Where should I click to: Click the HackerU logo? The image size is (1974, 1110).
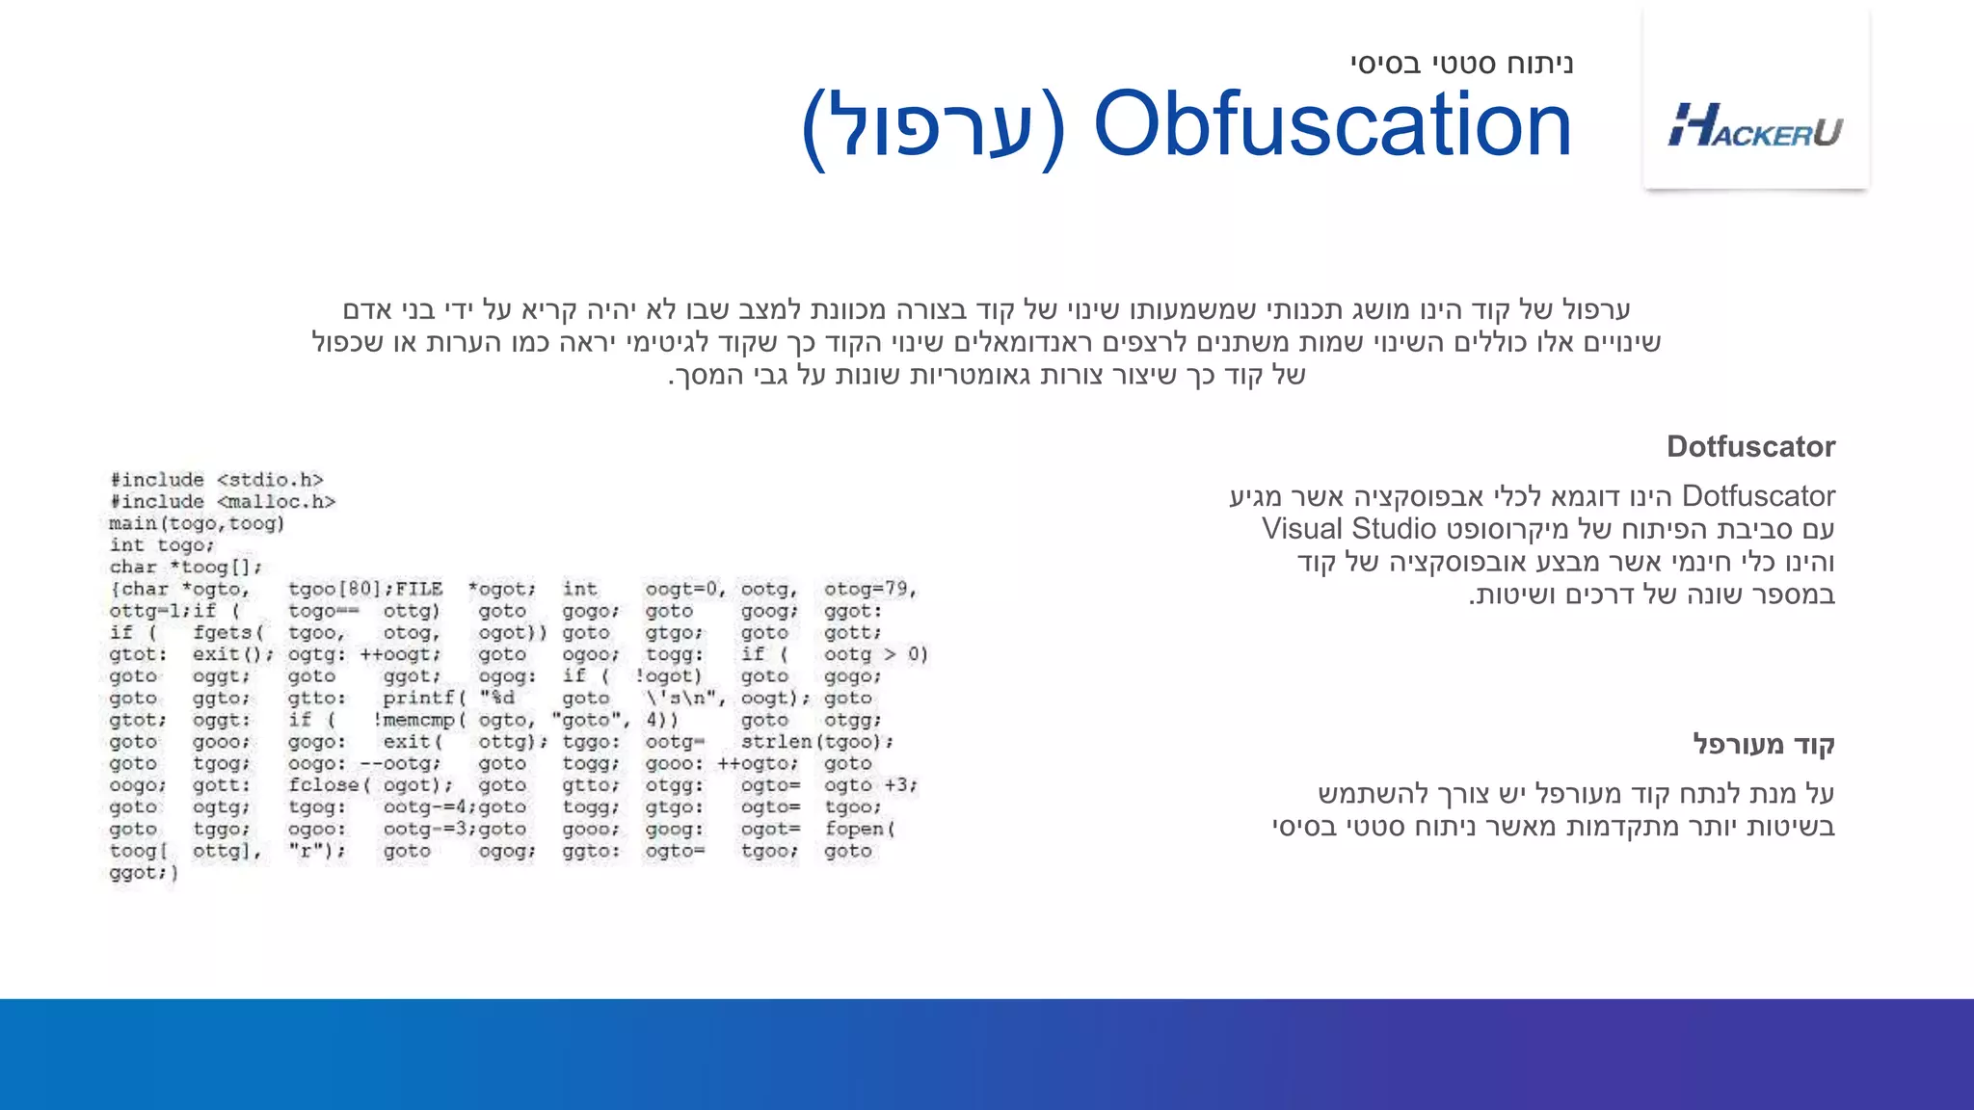tap(1755, 126)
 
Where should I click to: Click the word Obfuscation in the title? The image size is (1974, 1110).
tap(1332, 125)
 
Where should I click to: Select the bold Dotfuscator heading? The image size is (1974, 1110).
tap(1750, 446)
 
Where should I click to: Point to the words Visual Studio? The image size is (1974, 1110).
tap(1348, 529)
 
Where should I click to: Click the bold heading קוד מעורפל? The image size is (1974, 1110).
tap(1764, 744)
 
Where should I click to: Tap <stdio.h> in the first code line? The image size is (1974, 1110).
tap(270, 480)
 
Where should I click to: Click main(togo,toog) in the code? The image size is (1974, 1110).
tap(197, 524)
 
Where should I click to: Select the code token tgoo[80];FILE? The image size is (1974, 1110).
tap(365, 589)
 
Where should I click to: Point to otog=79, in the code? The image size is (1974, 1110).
tap(870, 589)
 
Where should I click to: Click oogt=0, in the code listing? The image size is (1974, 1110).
tap(685, 589)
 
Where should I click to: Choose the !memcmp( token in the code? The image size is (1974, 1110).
tap(420, 720)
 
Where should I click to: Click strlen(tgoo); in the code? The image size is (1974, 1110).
tap(817, 742)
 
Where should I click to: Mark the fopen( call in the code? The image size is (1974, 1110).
tap(860, 829)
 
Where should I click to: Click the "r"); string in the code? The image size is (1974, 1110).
tap(317, 851)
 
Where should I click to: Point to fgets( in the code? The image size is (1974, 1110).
tap(228, 633)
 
